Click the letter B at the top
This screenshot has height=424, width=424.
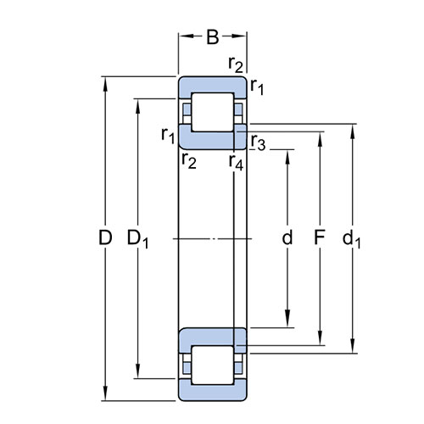(213, 36)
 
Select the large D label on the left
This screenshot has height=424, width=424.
(105, 237)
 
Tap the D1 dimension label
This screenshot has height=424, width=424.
(137, 239)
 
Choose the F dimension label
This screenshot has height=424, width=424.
(320, 237)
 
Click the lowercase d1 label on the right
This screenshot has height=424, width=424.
(351, 239)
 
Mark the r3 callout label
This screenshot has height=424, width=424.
(259, 142)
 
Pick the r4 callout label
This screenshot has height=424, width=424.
(236, 163)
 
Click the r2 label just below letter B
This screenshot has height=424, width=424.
(236, 64)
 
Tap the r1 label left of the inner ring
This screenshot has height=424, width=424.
(168, 136)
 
